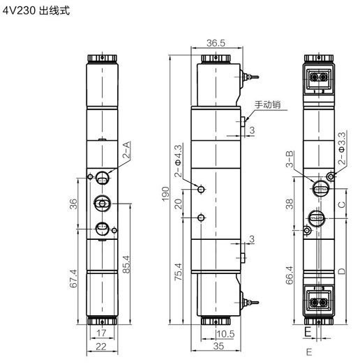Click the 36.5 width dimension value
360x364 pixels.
coord(216,43)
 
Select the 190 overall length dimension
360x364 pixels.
coord(165,194)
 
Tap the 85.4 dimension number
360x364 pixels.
coord(126,264)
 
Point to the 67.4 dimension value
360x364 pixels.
coord(73,278)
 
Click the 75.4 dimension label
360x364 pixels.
coord(179,272)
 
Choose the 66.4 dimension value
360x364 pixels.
coord(290,275)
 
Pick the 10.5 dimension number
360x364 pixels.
coord(225,334)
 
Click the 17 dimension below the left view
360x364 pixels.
coord(101,333)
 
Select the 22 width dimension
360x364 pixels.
coord(101,347)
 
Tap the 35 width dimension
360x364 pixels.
coord(218,346)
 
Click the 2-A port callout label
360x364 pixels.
coord(127,150)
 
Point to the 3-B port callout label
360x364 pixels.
coord(290,159)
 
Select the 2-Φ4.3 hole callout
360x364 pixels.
coord(179,161)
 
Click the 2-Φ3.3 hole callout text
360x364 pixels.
coord(342,149)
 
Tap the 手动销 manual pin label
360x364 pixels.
coord(267,105)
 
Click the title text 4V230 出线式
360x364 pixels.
coord(36,10)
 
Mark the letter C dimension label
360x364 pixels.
coord(342,205)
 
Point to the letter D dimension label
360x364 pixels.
coord(342,271)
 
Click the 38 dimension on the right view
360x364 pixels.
coord(290,204)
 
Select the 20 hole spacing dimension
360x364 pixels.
coord(179,204)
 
